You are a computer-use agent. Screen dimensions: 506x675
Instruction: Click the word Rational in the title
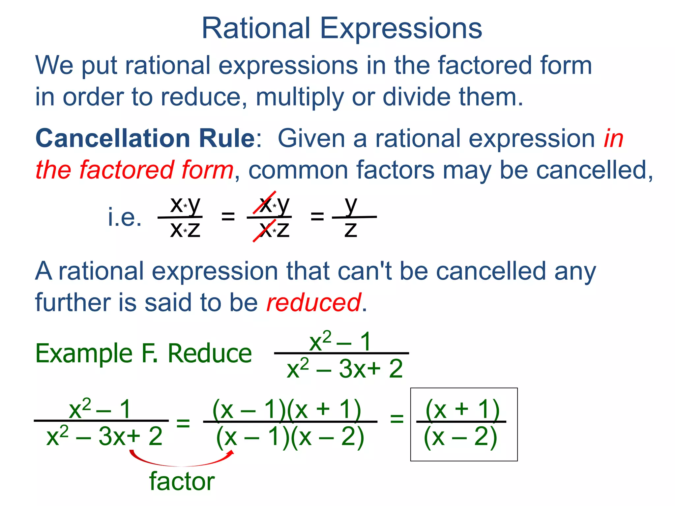pos(256,28)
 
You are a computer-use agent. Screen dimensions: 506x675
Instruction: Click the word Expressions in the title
pos(401,29)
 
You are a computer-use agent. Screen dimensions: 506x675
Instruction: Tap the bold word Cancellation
pos(112,138)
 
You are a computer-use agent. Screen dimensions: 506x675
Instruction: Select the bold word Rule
pos(227,138)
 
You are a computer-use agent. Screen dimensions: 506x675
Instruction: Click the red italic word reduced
pos(313,302)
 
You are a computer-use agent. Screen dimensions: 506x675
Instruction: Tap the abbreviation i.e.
pos(125,217)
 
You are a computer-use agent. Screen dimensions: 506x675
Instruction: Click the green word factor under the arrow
pos(182,481)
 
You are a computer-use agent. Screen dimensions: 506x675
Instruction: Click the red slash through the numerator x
pos(264,203)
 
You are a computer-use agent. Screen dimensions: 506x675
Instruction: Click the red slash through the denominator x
pos(264,231)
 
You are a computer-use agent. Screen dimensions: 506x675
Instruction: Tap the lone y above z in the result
pos(351,205)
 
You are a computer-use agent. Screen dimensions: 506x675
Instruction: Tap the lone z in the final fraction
pos(351,229)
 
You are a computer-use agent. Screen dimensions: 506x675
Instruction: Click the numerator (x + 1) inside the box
pos(462,409)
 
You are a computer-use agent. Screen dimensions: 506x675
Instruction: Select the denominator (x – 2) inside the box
pos(460,437)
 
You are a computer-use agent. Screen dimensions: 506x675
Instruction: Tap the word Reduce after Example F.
pos(210,353)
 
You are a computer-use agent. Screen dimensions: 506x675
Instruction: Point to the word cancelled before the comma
pos(591,170)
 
